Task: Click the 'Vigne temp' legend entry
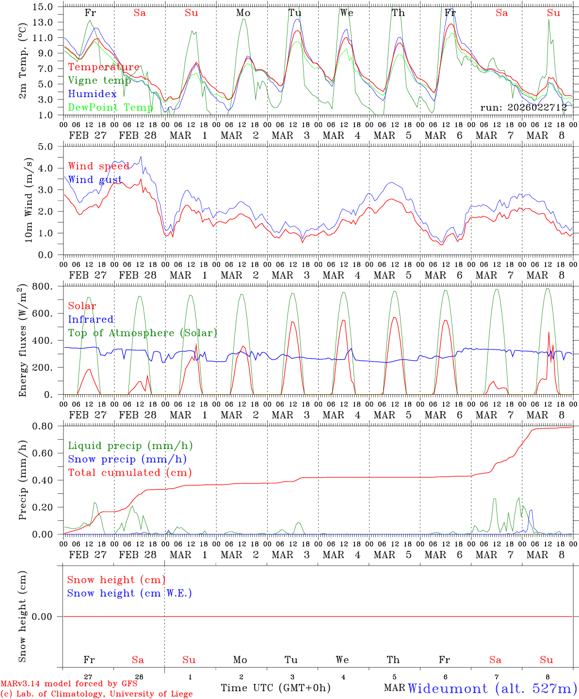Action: pyautogui.click(x=99, y=81)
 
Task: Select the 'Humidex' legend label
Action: pyautogui.click(x=92, y=94)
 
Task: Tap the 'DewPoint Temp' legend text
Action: pyautogui.click(x=110, y=107)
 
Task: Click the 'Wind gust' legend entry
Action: pyautogui.click(x=95, y=180)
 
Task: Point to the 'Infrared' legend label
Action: pyautogui.click(x=91, y=319)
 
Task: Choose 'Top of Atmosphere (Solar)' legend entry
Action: pyautogui.click(x=143, y=333)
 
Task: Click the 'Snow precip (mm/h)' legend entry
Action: pyautogui.click(x=127, y=459)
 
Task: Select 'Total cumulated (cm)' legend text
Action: pyautogui.click(x=129, y=472)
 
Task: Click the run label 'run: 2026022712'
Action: pyautogui.click(x=523, y=107)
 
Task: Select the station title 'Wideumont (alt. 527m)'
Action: pyautogui.click(x=492, y=688)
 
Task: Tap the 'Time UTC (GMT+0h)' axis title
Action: pyautogui.click(x=275, y=688)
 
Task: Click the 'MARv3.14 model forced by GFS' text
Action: pyautogui.click(x=69, y=684)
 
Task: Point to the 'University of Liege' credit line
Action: pyautogui.click(x=96, y=694)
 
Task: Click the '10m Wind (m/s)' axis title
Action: pyautogui.click(x=28, y=200)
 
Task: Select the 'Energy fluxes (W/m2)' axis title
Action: pyautogui.click(x=23, y=341)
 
